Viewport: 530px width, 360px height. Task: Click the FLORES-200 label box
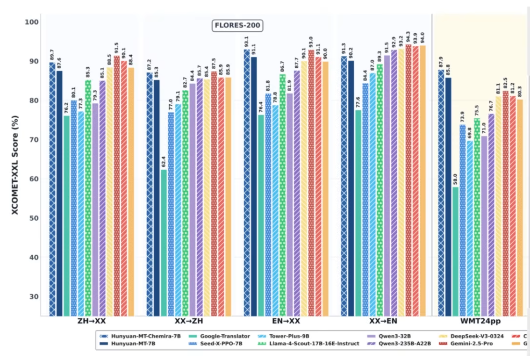(238, 26)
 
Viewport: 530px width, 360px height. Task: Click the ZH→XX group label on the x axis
(92, 322)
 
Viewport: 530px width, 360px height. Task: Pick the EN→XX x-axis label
(286, 322)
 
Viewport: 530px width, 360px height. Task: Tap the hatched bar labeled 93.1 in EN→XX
(246, 182)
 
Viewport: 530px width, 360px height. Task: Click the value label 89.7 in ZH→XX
(51, 54)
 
